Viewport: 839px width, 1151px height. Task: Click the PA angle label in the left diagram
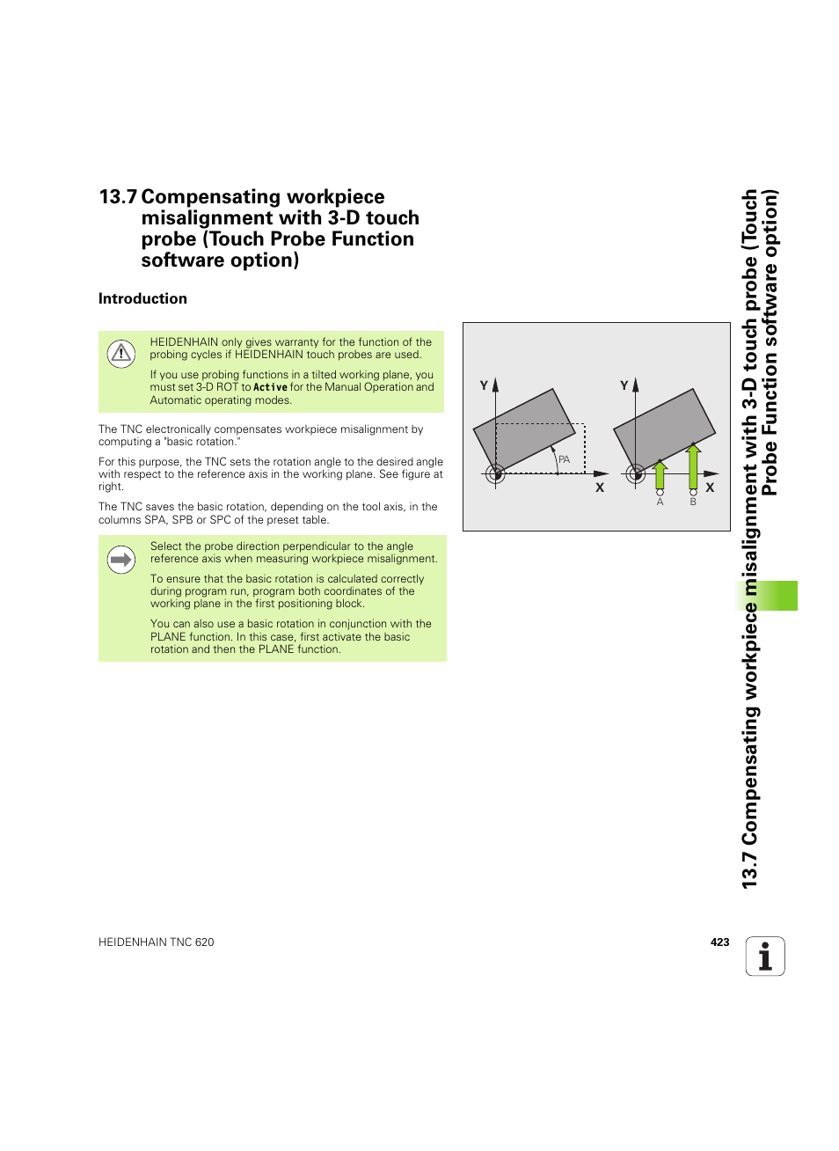(x=565, y=459)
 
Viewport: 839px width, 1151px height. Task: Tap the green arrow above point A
(x=660, y=474)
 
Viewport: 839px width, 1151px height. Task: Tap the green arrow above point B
(x=693, y=466)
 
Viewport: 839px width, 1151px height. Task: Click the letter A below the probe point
(x=660, y=502)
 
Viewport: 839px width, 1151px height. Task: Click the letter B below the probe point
(x=693, y=502)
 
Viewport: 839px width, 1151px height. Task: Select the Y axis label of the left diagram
(x=484, y=385)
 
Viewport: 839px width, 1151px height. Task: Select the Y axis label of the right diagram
(x=624, y=385)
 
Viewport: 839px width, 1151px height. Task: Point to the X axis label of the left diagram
(x=600, y=488)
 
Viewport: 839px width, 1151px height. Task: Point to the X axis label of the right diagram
(x=710, y=488)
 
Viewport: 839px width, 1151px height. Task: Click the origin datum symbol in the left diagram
(x=496, y=473)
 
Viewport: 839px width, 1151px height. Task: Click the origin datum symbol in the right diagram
(x=636, y=473)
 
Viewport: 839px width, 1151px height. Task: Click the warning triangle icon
(x=120, y=354)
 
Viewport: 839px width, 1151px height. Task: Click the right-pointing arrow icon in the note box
(x=120, y=559)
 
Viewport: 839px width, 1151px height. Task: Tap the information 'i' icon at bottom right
(x=765, y=957)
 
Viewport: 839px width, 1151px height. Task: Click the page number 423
(x=719, y=942)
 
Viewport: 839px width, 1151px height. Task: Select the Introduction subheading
(x=142, y=298)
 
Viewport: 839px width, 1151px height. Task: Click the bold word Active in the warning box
(x=270, y=387)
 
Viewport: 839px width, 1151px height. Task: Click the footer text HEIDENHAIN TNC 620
(x=157, y=942)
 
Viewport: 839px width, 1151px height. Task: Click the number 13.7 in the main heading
(x=118, y=197)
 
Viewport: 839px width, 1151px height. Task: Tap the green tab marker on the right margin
(x=777, y=596)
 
